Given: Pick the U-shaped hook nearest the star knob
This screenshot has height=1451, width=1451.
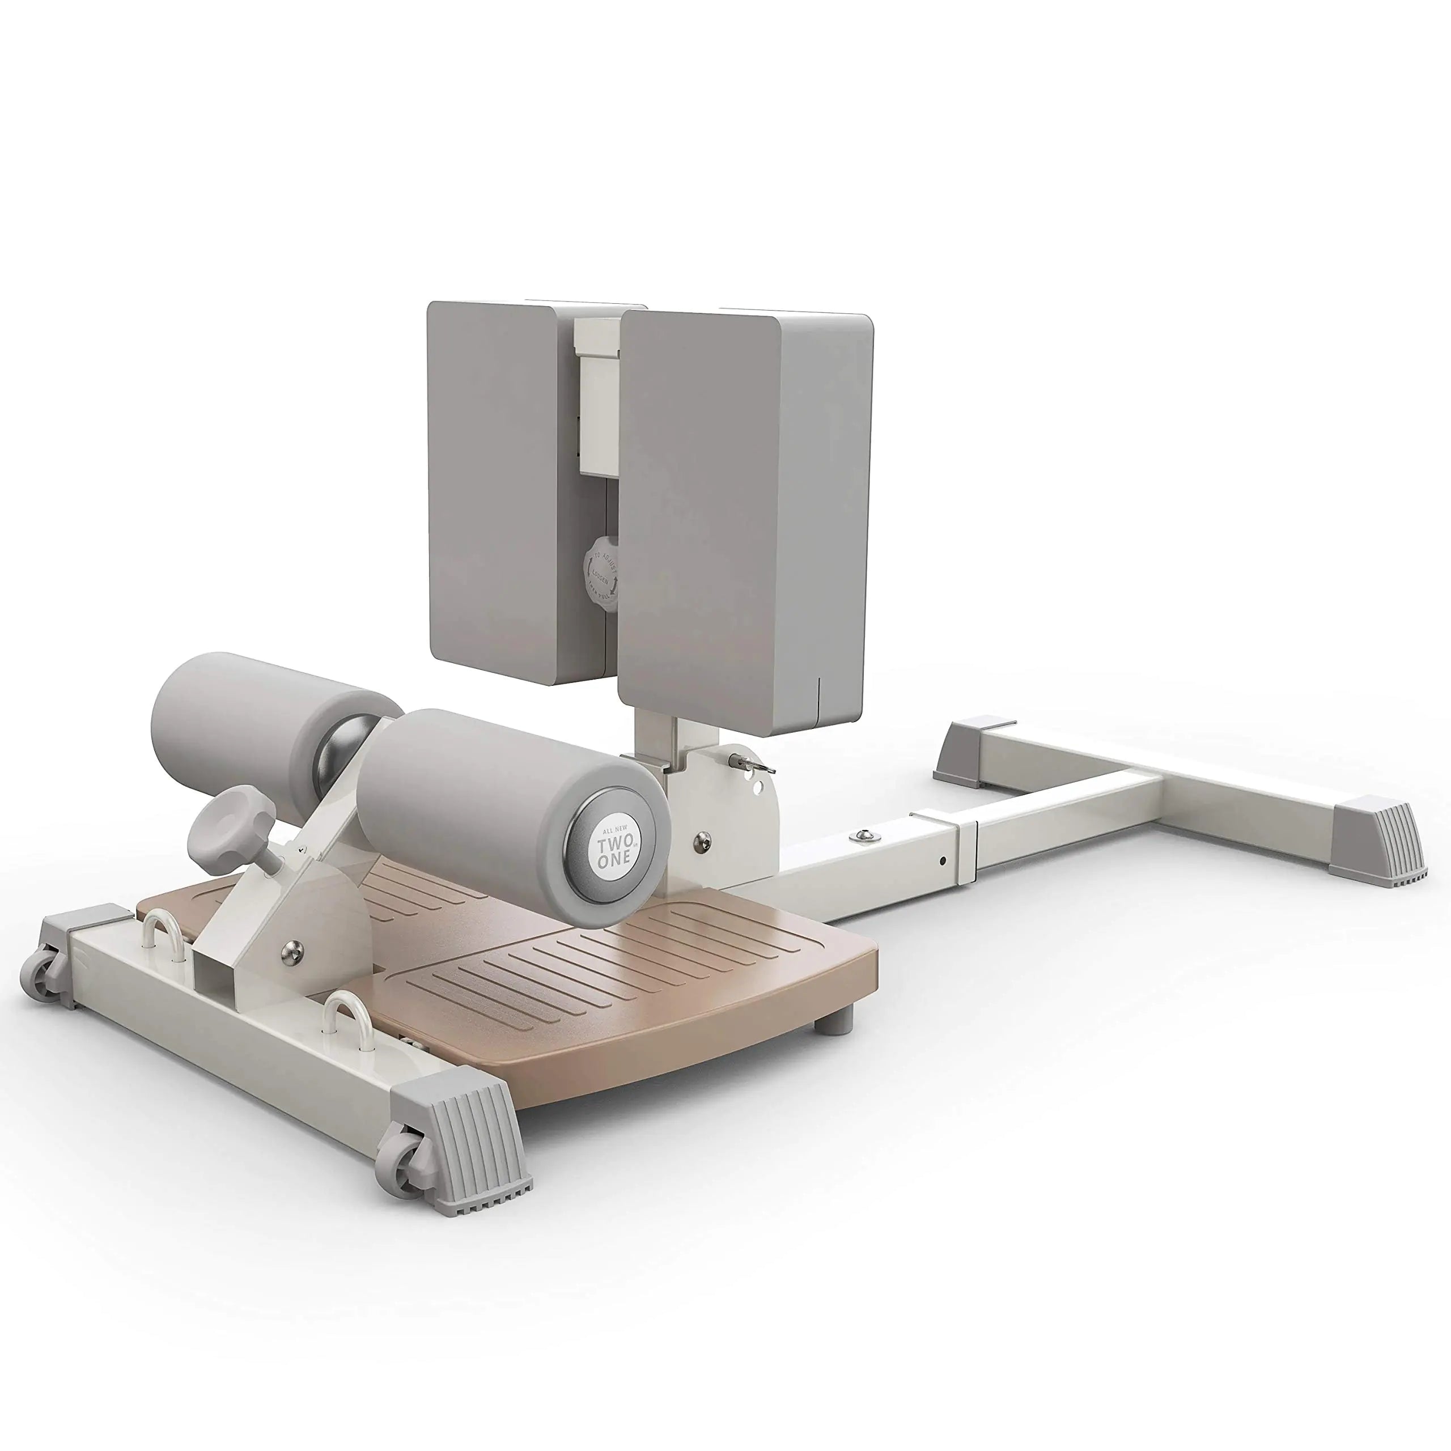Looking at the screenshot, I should point(163,930).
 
